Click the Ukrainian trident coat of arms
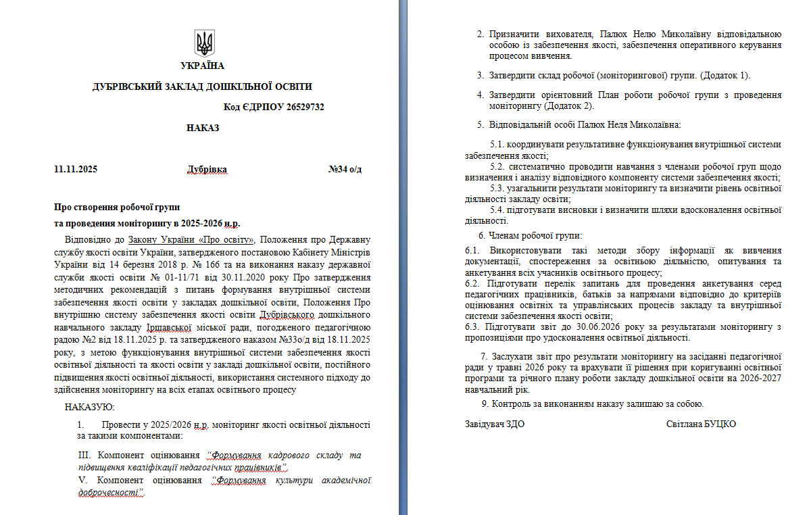click(x=203, y=43)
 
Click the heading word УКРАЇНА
click(x=202, y=66)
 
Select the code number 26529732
click(x=305, y=107)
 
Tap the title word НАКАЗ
click(x=203, y=128)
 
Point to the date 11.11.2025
click(x=76, y=169)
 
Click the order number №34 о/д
click(x=345, y=169)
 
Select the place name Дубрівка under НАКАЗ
click(x=207, y=169)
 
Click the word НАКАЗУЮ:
click(x=90, y=407)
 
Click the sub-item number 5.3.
click(x=497, y=188)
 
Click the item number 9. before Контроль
click(x=485, y=404)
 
